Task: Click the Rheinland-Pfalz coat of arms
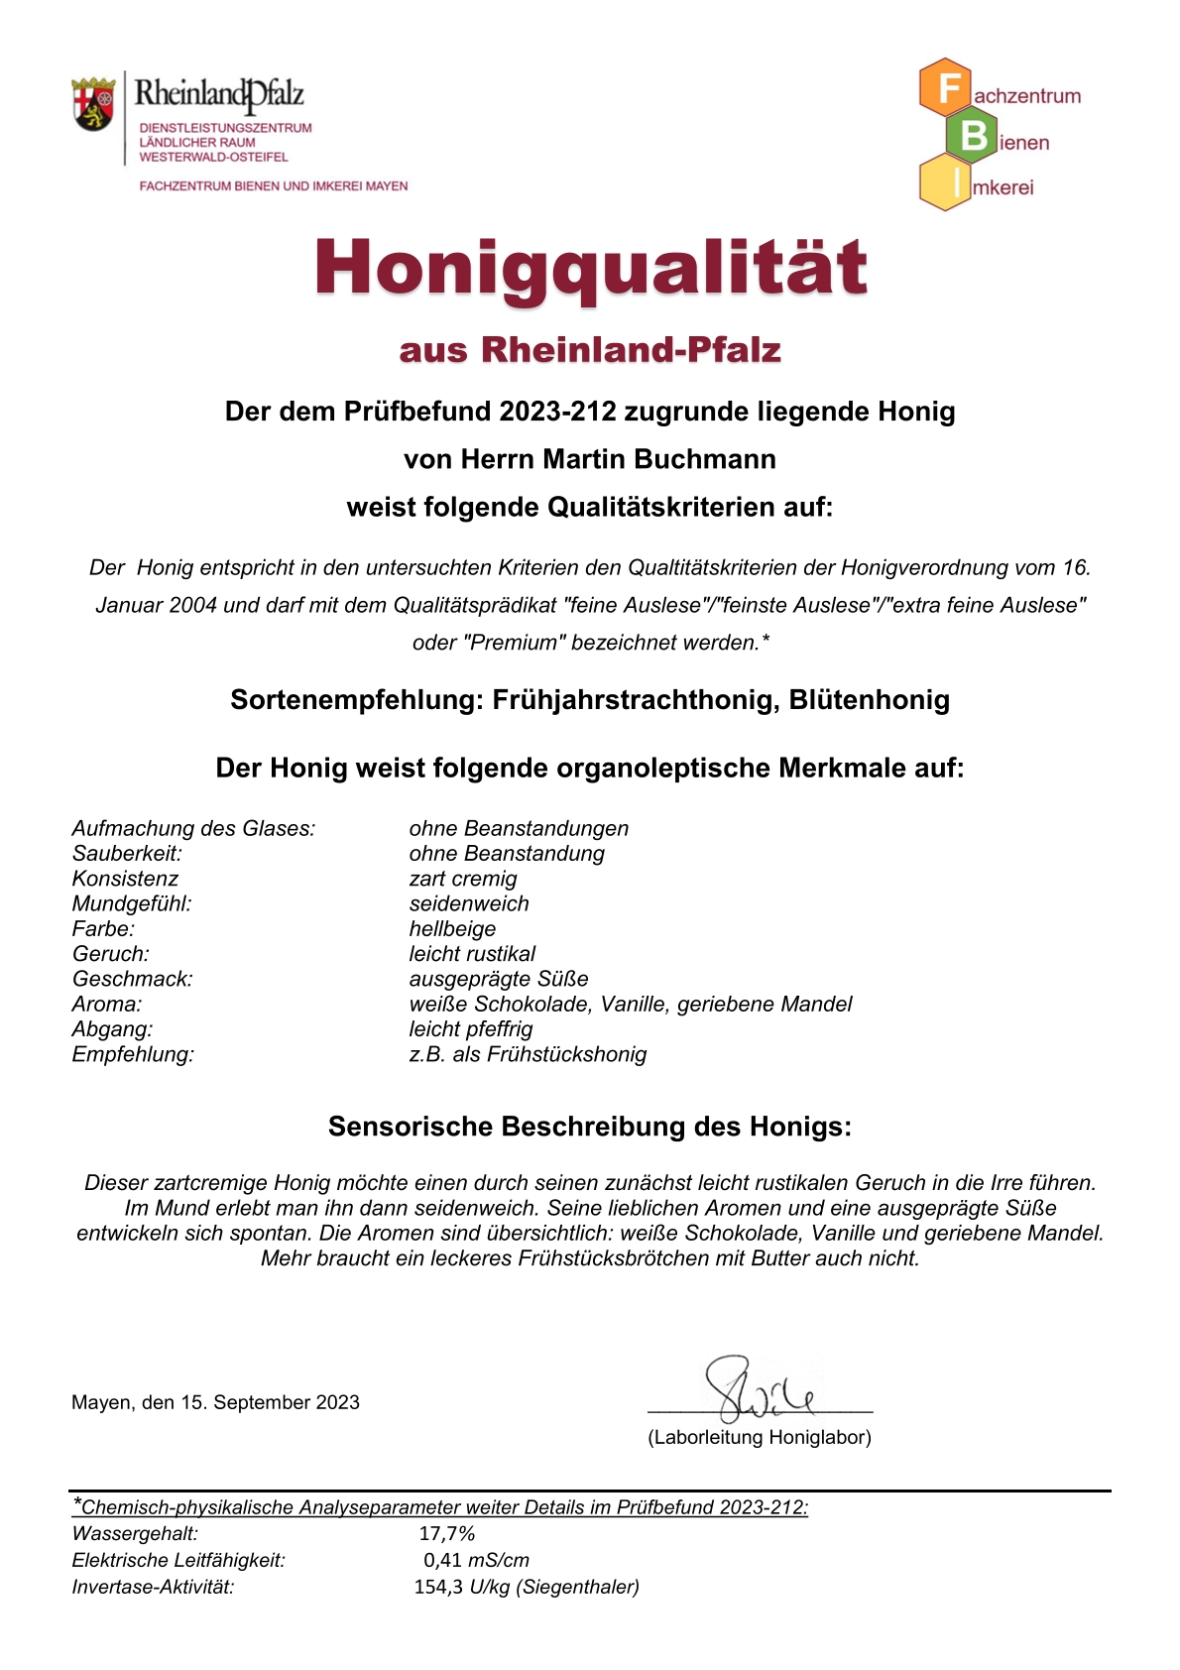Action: (93, 104)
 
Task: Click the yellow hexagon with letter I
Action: (946, 182)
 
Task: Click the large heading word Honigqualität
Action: (591, 268)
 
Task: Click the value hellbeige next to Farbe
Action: (452, 929)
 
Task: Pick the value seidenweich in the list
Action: (469, 903)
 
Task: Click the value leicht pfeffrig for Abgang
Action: (471, 1029)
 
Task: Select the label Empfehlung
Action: (133, 1054)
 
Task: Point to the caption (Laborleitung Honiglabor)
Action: (760, 1437)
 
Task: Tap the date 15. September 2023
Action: (270, 1402)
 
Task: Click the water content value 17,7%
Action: (447, 1534)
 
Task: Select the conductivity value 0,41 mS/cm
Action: (476, 1560)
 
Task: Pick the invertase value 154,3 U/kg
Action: (462, 1587)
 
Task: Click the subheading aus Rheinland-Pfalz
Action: (590, 350)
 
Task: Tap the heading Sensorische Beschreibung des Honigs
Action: (590, 1127)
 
